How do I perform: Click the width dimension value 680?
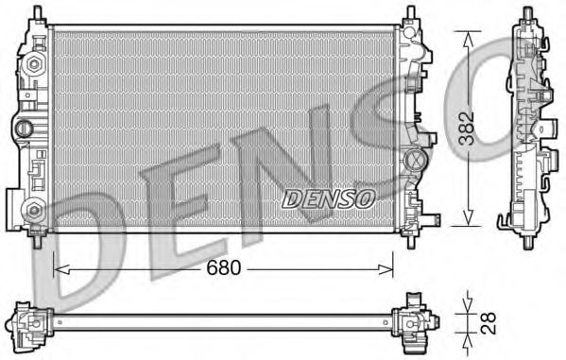[x=224, y=268]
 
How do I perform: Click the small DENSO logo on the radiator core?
[x=329, y=197]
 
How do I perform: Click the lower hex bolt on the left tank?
[x=35, y=210]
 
